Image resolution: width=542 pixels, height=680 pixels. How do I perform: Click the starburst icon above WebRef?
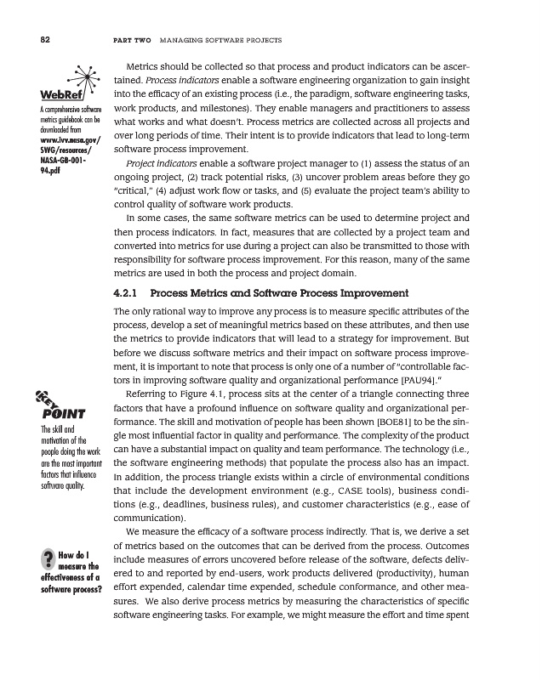point(81,70)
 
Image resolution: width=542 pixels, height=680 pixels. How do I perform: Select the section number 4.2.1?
point(128,293)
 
